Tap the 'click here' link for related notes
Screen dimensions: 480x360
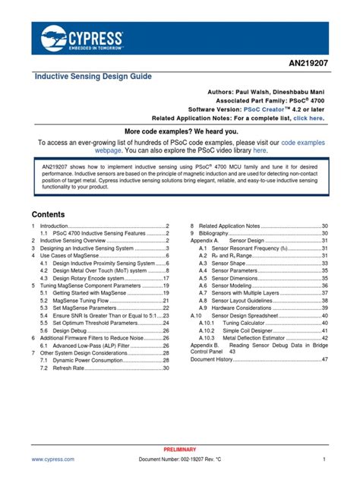tap(308, 118)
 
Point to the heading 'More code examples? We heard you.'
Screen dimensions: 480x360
tap(179, 131)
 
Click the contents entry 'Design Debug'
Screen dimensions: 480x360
tap(71, 330)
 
